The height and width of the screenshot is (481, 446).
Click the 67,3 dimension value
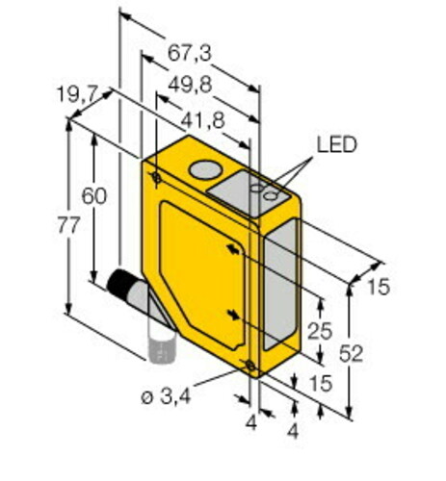[x=190, y=53]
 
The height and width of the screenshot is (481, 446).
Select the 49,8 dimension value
[x=190, y=86]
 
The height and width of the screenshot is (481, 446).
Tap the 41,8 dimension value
[x=202, y=121]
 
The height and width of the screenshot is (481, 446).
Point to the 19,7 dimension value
[x=77, y=94]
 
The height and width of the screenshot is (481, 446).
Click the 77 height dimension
[x=68, y=225]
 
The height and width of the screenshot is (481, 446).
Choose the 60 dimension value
[x=94, y=196]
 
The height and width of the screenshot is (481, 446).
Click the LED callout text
[x=336, y=144]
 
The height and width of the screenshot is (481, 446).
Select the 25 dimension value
[x=320, y=331]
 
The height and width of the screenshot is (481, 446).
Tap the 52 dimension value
[x=351, y=354]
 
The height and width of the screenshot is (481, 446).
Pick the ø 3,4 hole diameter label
[x=166, y=397]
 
